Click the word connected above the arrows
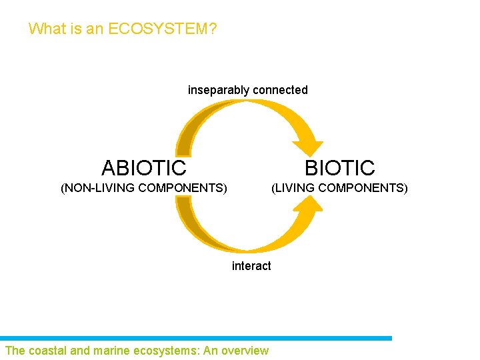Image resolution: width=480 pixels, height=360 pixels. [x=280, y=89]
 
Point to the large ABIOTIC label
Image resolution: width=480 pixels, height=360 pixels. [x=143, y=167]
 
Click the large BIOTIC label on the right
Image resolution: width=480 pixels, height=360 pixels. [x=339, y=167]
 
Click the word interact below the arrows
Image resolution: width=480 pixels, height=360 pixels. [x=251, y=266]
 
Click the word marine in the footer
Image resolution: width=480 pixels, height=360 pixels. [x=109, y=351]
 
